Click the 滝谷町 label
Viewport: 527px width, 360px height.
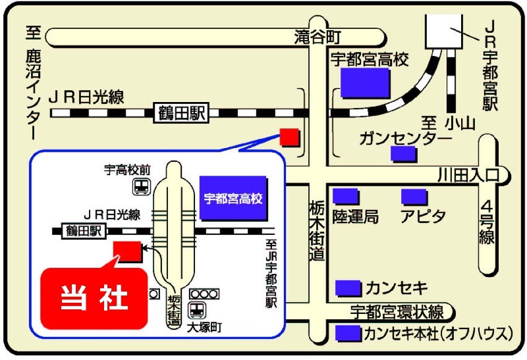[x=318, y=37]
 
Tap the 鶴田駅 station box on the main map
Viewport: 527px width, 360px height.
[x=181, y=113]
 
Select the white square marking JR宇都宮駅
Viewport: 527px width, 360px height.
[x=443, y=31]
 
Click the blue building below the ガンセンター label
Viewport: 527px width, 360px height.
[x=403, y=153]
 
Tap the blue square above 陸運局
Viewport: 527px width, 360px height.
[x=345, y=196]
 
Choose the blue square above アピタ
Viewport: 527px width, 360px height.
[x=414, y=197]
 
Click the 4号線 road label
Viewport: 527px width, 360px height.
[x=486, y=222]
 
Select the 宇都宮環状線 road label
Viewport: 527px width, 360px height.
[x=397, y=312]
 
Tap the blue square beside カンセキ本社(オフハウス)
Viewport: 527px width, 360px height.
[x=348, y=333]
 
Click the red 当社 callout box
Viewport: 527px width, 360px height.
[x=94, y=298]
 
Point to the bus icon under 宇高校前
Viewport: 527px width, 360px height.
[x=141, y=186]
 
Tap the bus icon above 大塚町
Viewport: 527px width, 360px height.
[x=197, y=310]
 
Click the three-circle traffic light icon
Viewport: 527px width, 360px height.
[x=204, y=294]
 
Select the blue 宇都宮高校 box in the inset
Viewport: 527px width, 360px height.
[x=233, y=198]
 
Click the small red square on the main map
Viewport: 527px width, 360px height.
[x=289, y=137]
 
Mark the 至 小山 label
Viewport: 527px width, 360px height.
[x=449, y=124]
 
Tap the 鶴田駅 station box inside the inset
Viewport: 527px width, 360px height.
[x=84, y=231]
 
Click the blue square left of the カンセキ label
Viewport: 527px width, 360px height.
[x=348, y=288]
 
